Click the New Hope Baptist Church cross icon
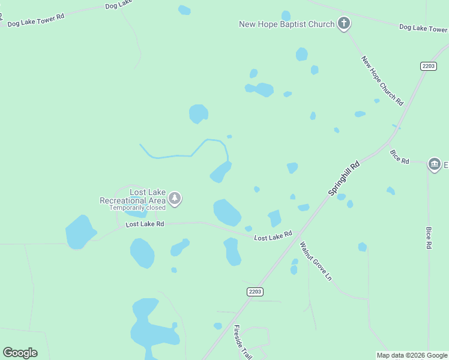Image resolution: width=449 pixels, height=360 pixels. tap(344, 24)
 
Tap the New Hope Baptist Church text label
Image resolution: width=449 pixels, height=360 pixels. tap(286, 25)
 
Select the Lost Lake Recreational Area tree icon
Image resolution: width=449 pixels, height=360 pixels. tap(175, 198)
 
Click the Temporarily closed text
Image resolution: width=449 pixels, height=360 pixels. tap(137, 208)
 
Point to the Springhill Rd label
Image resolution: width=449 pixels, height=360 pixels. tap(345, 177)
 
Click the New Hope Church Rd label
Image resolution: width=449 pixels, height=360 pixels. tap(382, 81)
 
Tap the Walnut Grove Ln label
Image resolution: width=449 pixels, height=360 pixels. tap(315, 260)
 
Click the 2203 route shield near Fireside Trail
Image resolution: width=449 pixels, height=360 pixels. tap(255, 291)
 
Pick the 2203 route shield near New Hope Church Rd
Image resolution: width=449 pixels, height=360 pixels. tap(428, 66)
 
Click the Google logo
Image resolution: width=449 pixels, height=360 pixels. tap(20, 352)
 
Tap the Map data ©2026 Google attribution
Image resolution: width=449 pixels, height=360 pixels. tap(412, 355)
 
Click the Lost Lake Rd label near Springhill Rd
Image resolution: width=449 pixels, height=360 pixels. tap(273, 236)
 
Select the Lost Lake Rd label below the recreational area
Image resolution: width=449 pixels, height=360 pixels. tap(145, 224)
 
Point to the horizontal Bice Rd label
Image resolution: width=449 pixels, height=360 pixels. tap(399, 157)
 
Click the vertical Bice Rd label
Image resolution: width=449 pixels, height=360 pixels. tap(429, 238)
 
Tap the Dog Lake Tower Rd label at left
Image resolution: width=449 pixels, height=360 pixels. tap(35, 20)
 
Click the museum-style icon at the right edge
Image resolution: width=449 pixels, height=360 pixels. tap(435, 164)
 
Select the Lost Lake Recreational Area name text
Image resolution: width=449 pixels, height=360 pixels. tap(132, 196)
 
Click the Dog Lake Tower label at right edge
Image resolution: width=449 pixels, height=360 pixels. tap(423, 28)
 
